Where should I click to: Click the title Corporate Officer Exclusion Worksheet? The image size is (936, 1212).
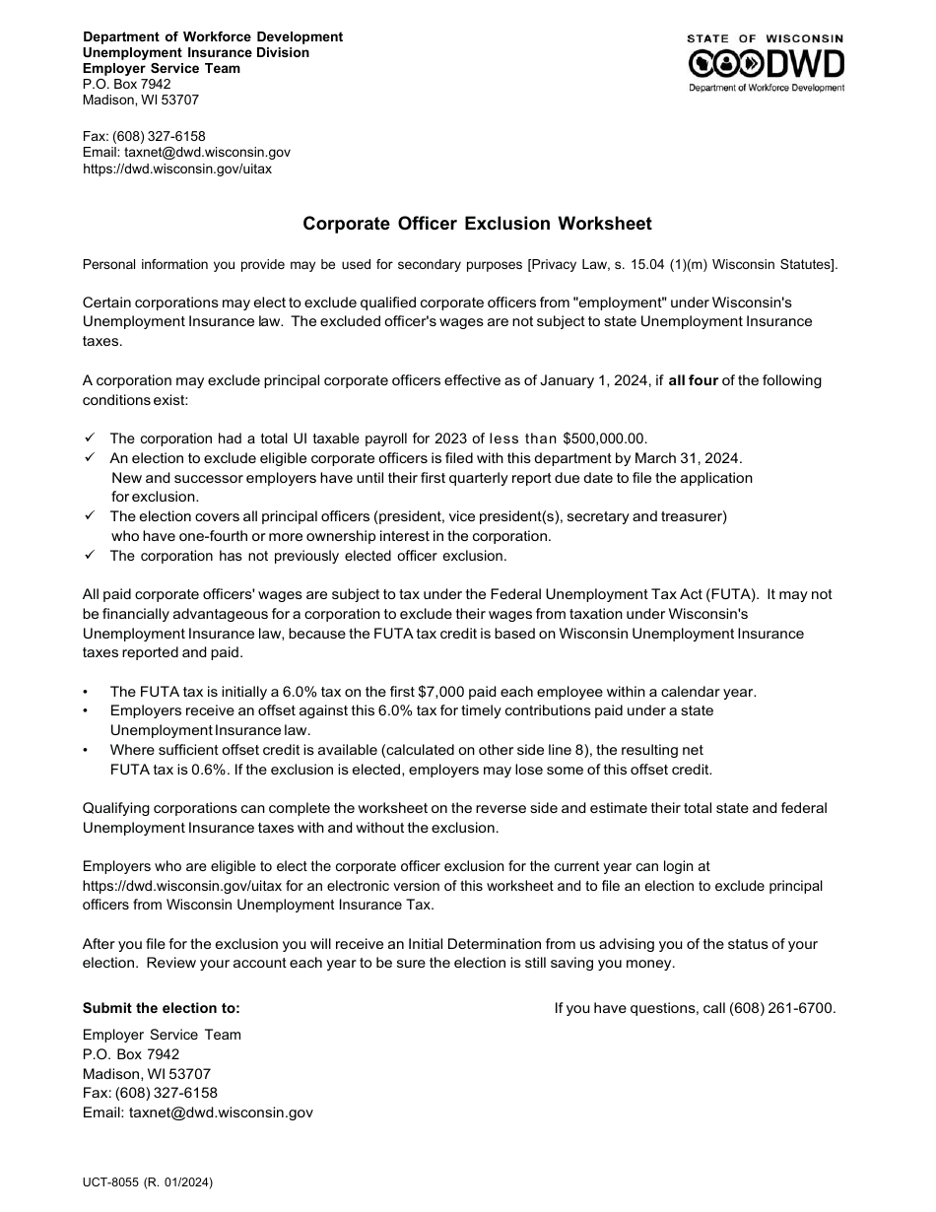477,224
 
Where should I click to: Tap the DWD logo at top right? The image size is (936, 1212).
766,64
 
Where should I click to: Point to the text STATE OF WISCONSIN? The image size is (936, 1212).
766,38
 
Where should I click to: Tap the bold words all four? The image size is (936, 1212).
693,380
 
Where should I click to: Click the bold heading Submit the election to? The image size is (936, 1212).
161,1008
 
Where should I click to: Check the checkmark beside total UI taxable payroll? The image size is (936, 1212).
90,438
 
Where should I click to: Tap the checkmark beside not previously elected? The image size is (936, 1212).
90,555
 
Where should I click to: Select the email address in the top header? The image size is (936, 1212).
207,153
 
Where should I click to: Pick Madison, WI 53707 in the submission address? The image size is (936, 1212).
146,1074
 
